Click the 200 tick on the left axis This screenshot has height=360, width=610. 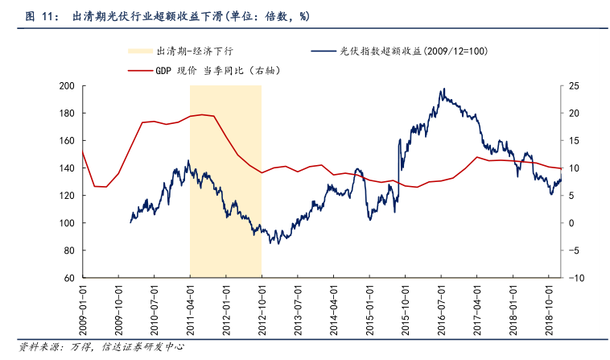point(67,86)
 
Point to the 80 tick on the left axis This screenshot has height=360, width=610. point(69,250)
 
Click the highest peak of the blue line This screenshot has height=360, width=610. point(442,89)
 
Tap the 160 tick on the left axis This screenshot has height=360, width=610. point(67,141)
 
